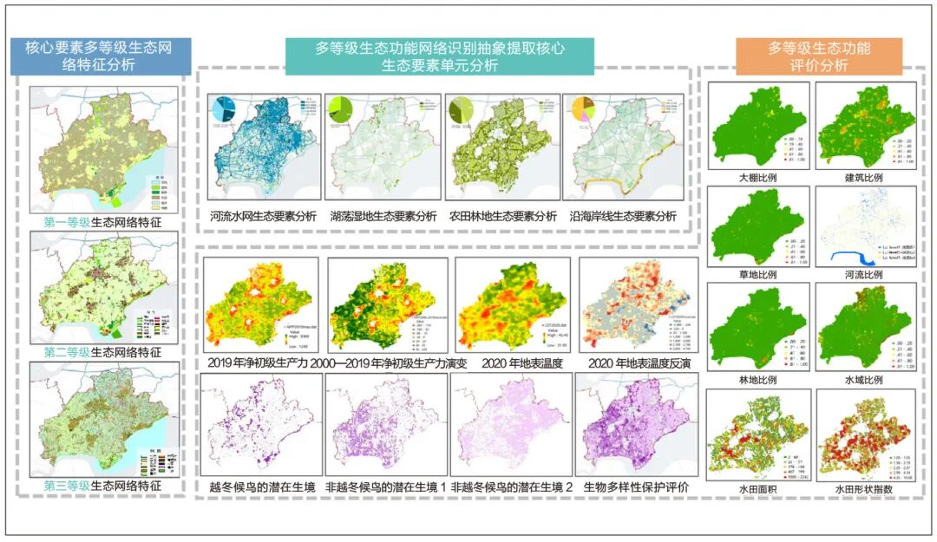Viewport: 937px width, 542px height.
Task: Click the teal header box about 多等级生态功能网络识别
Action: click(440, 56)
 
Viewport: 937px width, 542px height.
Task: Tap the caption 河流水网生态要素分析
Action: click(263, 216)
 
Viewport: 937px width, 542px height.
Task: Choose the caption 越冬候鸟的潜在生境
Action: click(262, 488)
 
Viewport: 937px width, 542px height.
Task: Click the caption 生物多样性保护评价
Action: click(637, 488)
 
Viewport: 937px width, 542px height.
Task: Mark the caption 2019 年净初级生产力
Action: click(257, 363)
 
